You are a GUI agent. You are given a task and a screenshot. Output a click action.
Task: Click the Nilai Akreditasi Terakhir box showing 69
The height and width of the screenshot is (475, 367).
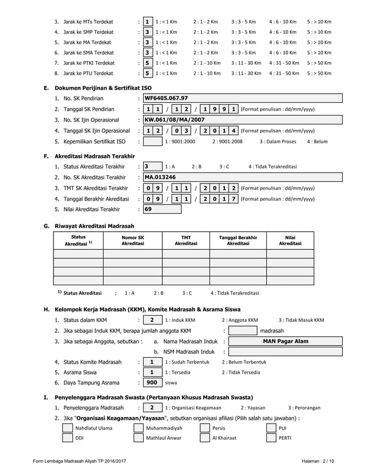pyautogui.click(x=151, y=209)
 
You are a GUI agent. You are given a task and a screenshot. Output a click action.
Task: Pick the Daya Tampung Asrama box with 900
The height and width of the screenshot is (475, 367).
pyautogui.click(x=152, y=382)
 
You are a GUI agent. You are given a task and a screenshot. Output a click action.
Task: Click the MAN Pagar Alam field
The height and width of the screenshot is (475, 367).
pyautogui.click(x=285, y=341)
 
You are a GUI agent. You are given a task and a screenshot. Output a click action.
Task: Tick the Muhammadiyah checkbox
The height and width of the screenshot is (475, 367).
pyautogui.click(x=138, y=428)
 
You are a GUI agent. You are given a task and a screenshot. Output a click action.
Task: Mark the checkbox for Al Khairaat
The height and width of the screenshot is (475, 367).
pyautogui.click(x=204, y=438)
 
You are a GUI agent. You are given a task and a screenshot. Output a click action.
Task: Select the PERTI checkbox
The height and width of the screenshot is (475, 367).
pyautogui.click(x=270, y=438)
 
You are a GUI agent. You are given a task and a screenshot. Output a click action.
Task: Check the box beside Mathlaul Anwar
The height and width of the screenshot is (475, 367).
pyautogui.click(x=138, y=438)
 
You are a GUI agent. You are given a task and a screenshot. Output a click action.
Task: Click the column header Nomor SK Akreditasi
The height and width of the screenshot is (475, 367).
pyautogui.click(x=132, y=240)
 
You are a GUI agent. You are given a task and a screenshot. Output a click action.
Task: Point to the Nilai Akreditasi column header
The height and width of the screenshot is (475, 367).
pyautogui.click(x=290, y=240)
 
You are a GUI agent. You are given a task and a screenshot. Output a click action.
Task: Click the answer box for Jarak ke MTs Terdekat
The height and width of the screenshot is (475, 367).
pyautogui.click(x=148, y=21)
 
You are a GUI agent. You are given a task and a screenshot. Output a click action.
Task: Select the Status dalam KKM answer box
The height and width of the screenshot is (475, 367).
pyautogui.click(x=152, y=320)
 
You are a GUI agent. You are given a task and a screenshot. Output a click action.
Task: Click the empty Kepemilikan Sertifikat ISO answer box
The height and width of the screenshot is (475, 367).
pyautogui.click(x=153, y=141)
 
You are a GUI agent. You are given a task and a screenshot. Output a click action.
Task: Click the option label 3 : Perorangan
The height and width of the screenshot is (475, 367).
pyautogui.click(x=304, y=408)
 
